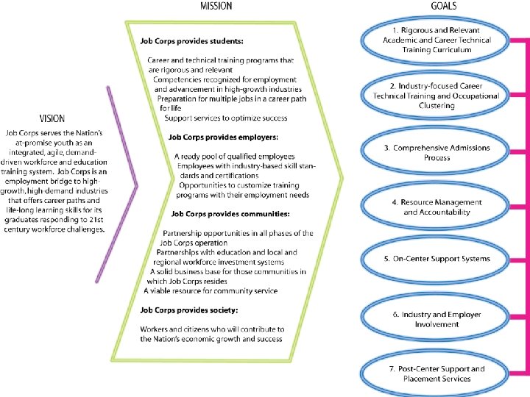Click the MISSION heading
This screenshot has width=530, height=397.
pos(216,6)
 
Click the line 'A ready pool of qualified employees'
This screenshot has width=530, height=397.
pos(234,157)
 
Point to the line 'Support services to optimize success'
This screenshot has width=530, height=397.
pos(226,118)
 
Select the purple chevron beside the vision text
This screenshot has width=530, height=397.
pos(125,184)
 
